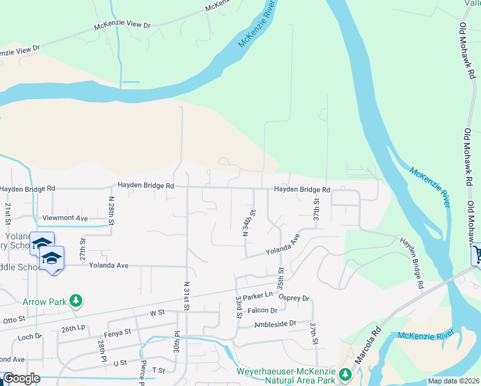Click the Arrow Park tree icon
coord(77,300)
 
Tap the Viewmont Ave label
coord(64,219)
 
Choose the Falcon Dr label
coord(264,310)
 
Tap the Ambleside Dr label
coord(275,324)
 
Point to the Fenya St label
coord(118,333)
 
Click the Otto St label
coord(14,318)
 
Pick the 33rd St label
coord(238,309)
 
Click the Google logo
coord(21,378)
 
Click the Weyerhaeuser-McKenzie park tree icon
coord(345,374)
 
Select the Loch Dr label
coord(30,336)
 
